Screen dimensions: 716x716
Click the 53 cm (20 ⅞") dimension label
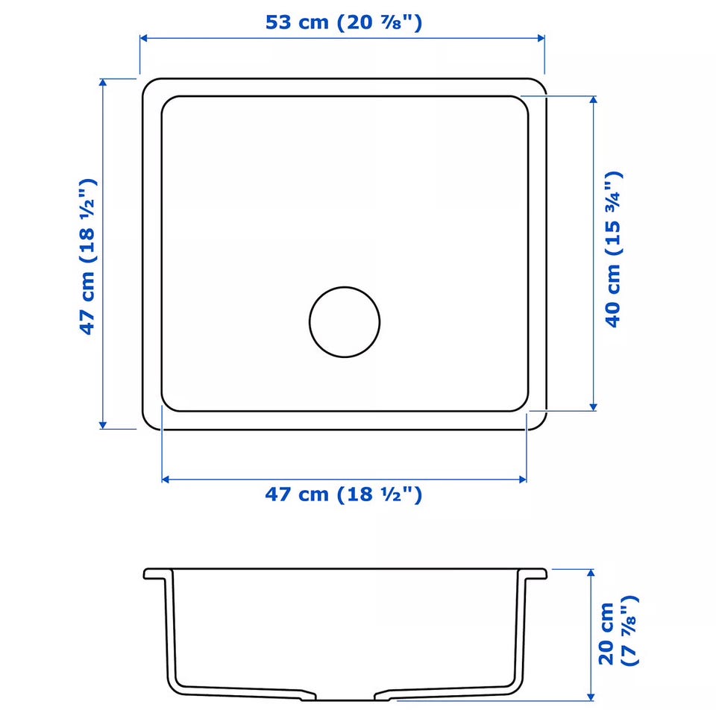(x=344, y=22)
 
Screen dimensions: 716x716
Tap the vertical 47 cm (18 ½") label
(x=87, y=257)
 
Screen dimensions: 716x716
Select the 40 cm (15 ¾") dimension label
(x=613, y=249)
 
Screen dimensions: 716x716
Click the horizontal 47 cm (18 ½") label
(x=343, y=494)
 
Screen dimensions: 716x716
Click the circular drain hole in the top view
(x=345, y=322)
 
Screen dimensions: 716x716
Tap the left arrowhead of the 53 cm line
(x=143, y=38)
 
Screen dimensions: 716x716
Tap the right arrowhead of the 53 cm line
(x=541, y=38)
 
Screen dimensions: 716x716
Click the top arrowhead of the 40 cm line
(x=593, y=99)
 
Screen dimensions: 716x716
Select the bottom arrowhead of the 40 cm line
(x=593, y=407)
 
